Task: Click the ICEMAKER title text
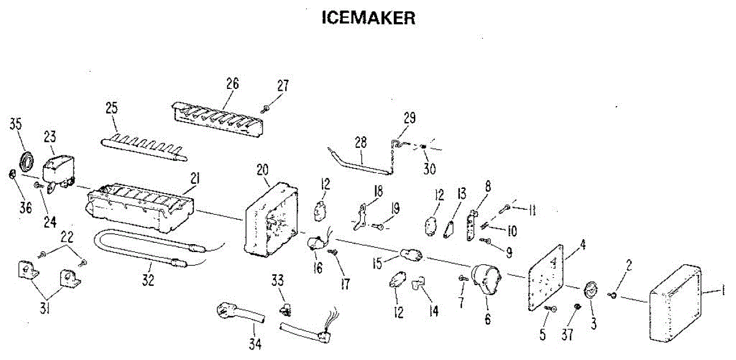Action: [x=369, y=18]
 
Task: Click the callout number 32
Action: [x=148, y=281]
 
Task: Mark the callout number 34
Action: [x=256, y=344]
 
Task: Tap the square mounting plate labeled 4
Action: [x=546, y=279]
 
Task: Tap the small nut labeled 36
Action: [x=12, y=175]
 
